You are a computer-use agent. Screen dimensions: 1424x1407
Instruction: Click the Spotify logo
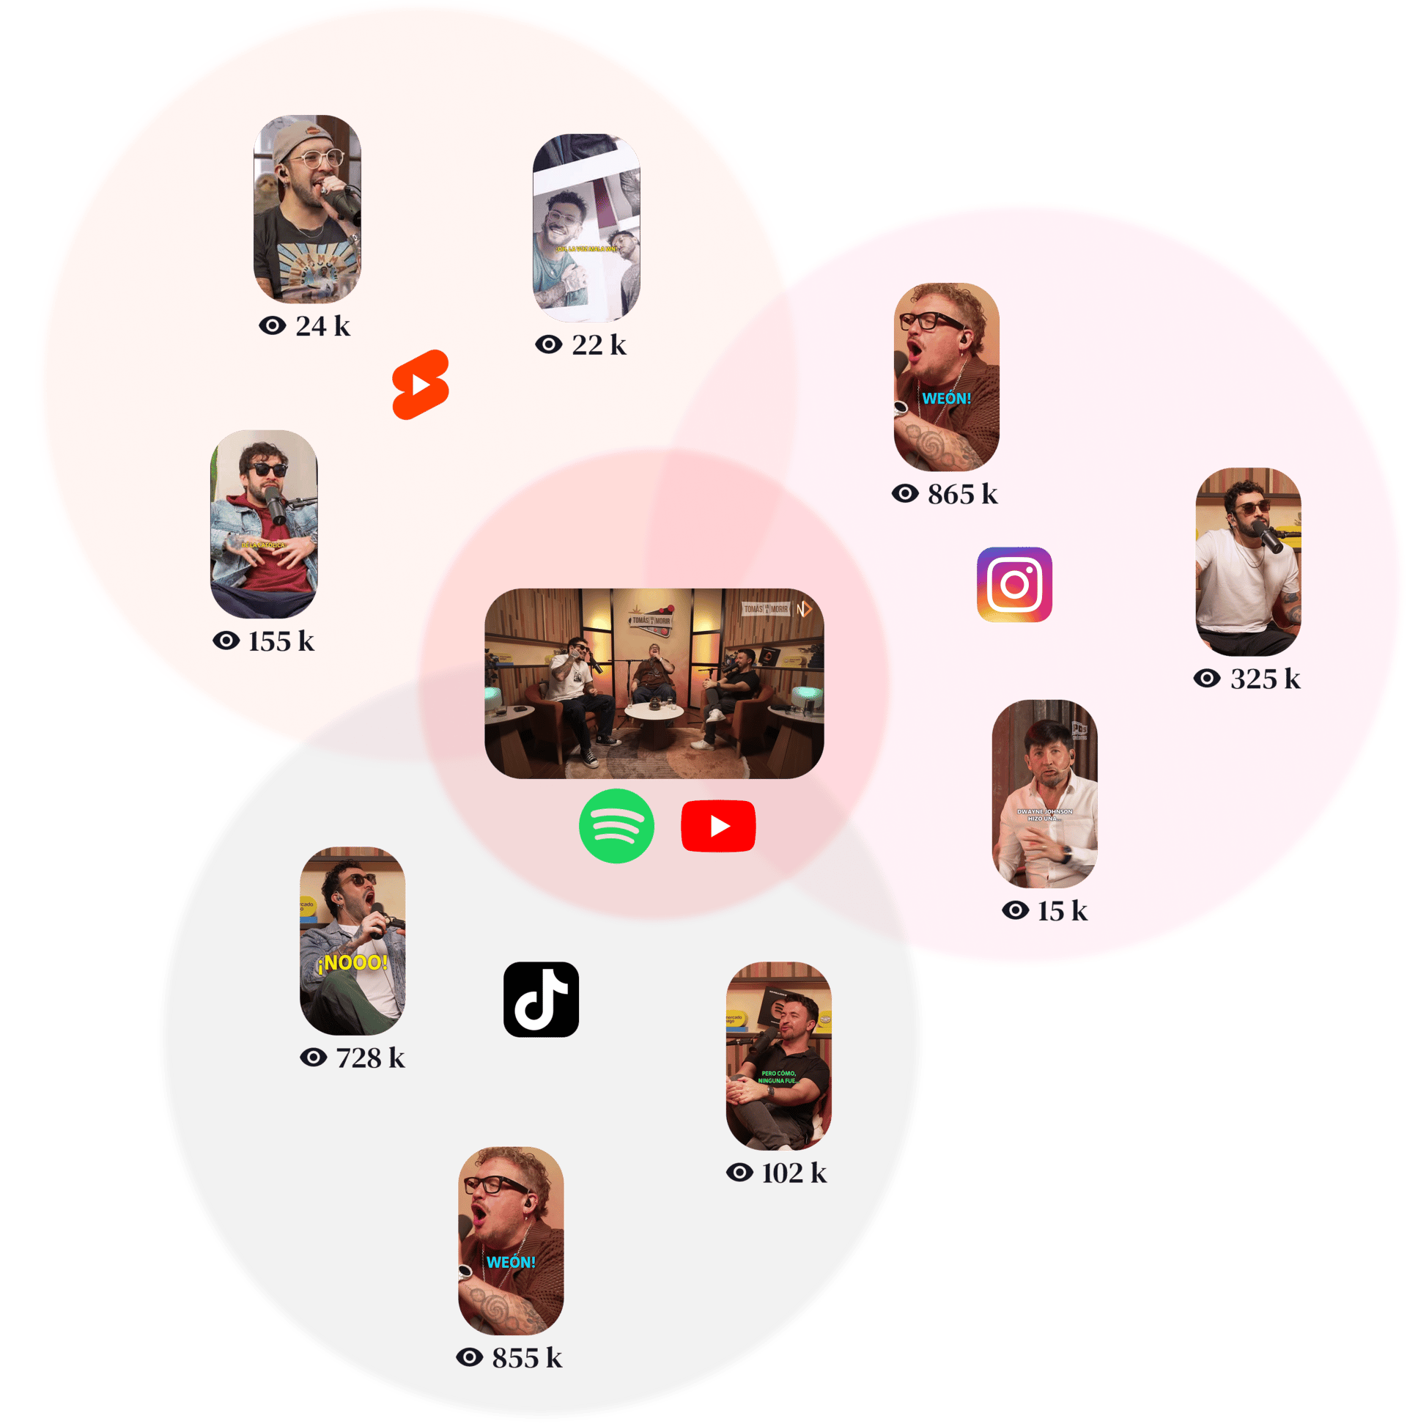coord(616,825)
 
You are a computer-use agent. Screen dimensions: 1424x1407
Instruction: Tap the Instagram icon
coord(1014,585)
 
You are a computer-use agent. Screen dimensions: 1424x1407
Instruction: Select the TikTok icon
coord(541,1000)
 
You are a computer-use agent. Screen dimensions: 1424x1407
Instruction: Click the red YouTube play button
coord(719,826)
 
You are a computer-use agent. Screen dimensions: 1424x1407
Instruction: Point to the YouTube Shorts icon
coord(420,385)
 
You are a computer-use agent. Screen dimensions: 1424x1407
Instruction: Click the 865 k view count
coord(945,494)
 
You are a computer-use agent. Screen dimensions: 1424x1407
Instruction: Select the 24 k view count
coord(305,326)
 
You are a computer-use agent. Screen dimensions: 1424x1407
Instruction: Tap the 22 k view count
coord(582,344)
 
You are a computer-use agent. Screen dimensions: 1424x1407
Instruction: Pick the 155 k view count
coord(264,641)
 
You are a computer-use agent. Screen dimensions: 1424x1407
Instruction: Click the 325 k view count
coord(1247,679)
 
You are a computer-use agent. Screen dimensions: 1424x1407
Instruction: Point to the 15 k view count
coord(1045,911)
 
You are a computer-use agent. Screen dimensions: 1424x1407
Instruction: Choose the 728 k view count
coord(353,1058)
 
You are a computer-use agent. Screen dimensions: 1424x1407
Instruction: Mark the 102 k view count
coord(777,1173)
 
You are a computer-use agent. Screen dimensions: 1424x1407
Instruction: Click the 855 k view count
coord(509,1357)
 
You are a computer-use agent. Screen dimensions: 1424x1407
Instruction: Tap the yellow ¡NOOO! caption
coord(353,962)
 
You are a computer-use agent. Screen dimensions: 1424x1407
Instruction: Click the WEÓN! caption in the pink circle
coord(946,399)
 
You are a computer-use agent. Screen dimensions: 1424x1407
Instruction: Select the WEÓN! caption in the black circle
coord(511,1263)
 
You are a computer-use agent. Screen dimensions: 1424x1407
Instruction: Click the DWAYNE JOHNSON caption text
coord(1044,814)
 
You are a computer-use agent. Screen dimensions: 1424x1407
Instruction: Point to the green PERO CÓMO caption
coord(778,1077)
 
